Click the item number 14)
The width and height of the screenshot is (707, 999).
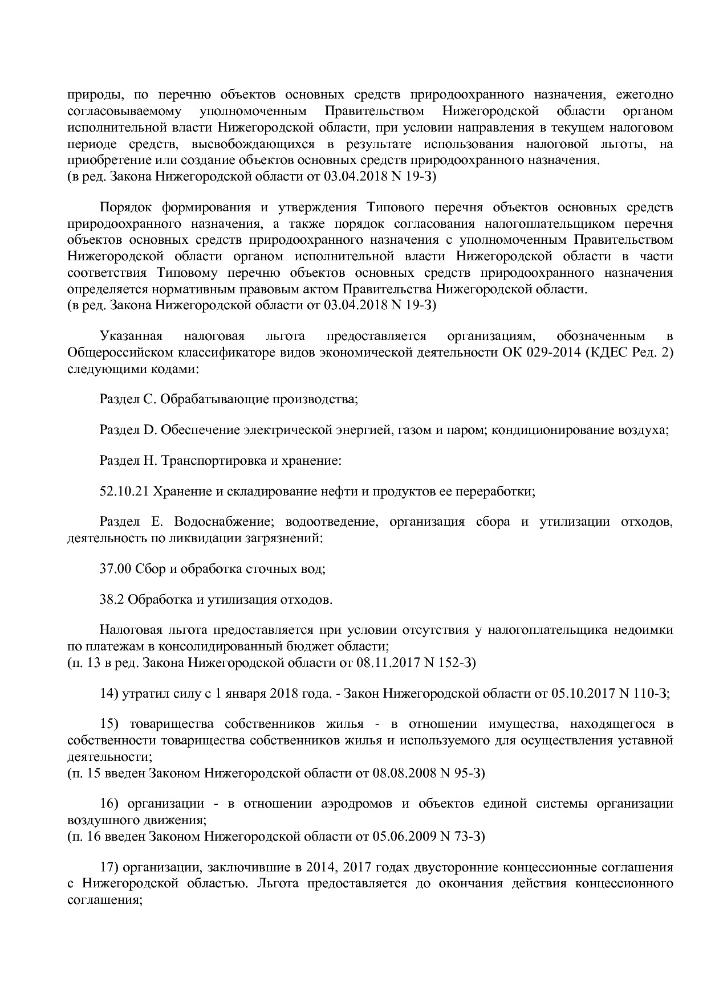(x=108, y=694)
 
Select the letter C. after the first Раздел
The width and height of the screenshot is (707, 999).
(x=149, y=399)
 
